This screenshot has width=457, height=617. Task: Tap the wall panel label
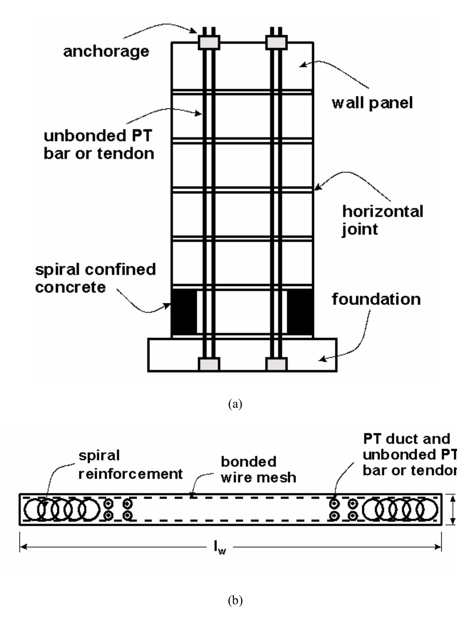coord(372,103)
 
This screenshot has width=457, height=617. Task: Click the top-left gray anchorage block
coord(209,42)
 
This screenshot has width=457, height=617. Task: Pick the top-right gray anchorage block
coord(276,42)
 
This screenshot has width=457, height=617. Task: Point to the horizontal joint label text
coord(383,221)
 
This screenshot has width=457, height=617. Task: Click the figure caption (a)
coord(235,404)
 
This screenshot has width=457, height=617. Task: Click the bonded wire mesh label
coord(258,469)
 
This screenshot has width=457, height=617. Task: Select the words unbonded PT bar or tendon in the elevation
coord(99,145)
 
